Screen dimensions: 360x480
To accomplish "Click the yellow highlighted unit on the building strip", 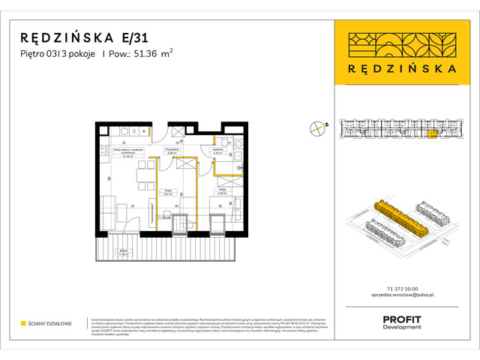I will (433, 133).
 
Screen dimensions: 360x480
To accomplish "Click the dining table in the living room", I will (141, 178).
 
